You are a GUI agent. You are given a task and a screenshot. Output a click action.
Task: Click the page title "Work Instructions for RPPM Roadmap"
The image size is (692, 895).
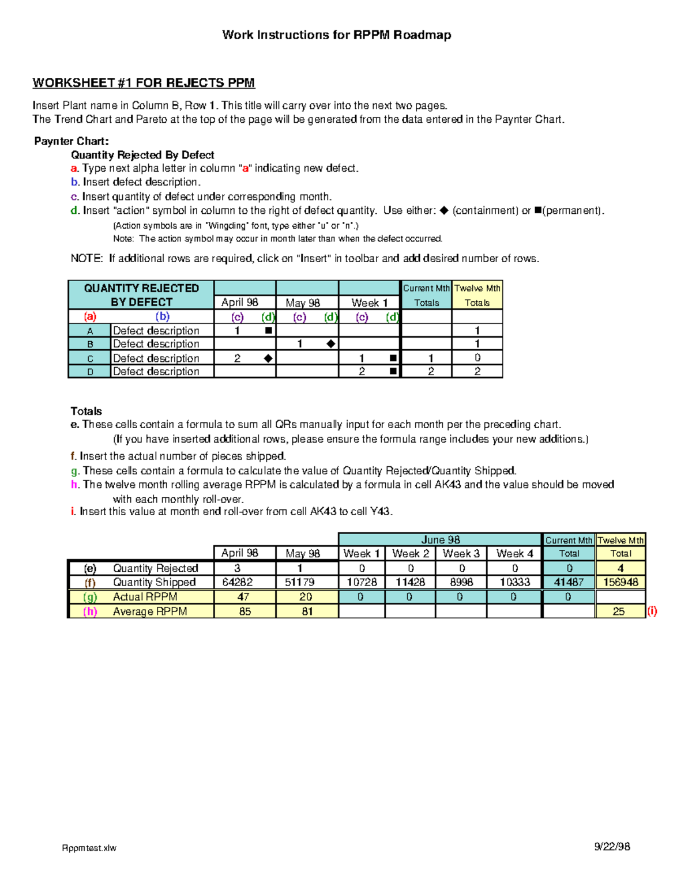[336, 35]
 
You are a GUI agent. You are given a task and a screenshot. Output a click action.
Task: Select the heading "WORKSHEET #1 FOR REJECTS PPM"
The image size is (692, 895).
[144, 83]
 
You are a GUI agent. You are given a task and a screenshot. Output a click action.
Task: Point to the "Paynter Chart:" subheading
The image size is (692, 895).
[72, 141]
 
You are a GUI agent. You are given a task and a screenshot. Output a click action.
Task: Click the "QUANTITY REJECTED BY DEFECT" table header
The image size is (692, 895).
[141, 295]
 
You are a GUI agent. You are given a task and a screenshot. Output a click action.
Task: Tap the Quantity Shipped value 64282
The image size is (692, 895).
[238, 582]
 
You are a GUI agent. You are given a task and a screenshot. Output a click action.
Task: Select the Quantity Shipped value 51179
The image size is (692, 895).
[300, 582]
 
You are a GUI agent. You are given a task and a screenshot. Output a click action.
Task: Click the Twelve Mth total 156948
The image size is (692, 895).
[620, 582]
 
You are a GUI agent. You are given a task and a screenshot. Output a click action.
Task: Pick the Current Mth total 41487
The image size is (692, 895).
[569, 582]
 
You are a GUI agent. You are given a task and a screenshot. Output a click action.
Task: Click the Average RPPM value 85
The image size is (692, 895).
[245, 611]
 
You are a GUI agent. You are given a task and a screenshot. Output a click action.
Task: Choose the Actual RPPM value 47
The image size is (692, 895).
[243, 597]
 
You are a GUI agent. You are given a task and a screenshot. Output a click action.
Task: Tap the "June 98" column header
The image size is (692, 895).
[441, 540]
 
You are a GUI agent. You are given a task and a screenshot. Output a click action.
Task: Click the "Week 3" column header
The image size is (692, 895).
[461, 554]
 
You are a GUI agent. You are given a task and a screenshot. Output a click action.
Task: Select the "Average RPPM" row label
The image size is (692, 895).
[150, 611]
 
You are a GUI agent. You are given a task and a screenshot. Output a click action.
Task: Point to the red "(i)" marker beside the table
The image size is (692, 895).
[652, 611]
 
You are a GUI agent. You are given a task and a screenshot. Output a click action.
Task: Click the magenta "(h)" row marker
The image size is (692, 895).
[90, 611]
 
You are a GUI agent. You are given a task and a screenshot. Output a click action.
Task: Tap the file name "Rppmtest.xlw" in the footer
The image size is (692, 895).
[89, 848]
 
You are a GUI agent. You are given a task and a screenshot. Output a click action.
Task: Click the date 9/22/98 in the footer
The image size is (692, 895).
[612, 847]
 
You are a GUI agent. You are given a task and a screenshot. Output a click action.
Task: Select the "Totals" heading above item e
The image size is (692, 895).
[86, 411]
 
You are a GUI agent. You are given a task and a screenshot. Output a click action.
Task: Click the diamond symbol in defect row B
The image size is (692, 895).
[330, 344]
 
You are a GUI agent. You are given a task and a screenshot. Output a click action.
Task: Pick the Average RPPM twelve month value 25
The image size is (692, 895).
[619, 611]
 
